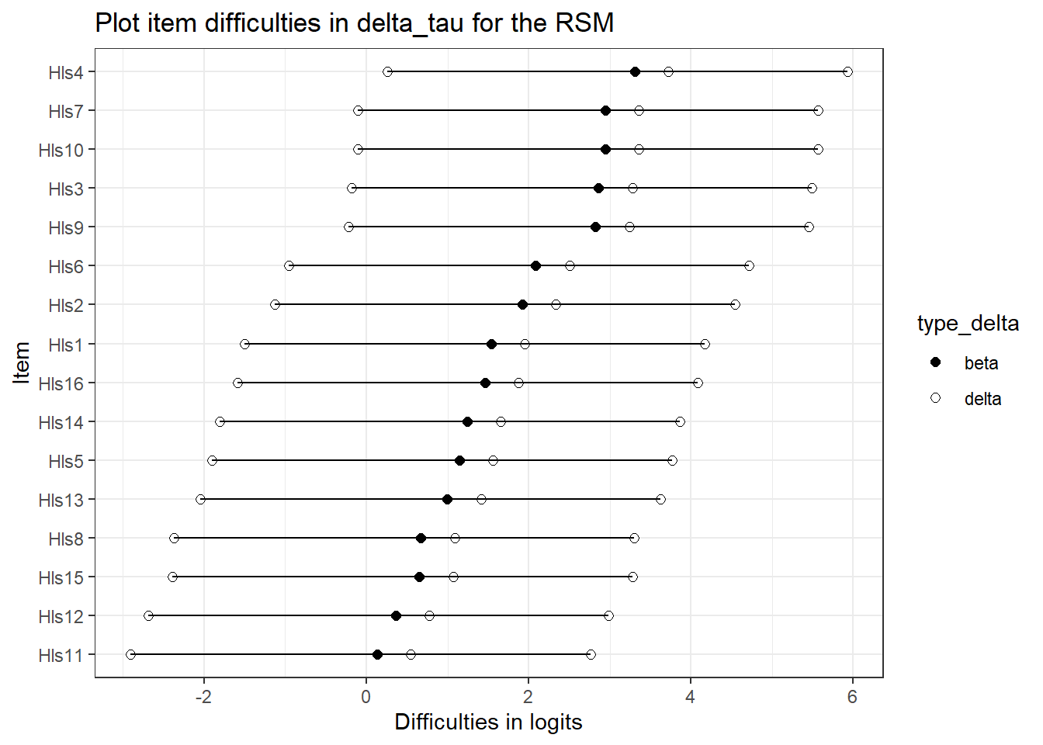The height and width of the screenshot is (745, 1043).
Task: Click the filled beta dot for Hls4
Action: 635,72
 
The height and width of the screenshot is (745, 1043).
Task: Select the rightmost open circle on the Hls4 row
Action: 847,72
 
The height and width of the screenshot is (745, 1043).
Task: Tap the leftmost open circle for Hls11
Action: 130,655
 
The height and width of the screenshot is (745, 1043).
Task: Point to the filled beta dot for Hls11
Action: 377,655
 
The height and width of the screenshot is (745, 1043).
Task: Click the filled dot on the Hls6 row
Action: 535,266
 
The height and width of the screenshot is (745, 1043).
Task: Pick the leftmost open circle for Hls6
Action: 289,266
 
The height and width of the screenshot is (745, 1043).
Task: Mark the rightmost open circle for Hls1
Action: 705,344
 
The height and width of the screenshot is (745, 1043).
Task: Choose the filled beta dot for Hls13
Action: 447,499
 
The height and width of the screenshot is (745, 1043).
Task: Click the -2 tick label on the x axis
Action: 203,697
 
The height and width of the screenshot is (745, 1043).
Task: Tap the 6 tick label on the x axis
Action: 852,697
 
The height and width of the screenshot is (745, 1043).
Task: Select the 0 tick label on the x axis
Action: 366,697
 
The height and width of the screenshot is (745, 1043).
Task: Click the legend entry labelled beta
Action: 981,363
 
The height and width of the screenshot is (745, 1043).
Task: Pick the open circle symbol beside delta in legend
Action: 935,398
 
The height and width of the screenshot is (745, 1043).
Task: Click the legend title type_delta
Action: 968,324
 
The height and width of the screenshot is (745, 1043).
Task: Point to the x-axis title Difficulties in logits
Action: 488,722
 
